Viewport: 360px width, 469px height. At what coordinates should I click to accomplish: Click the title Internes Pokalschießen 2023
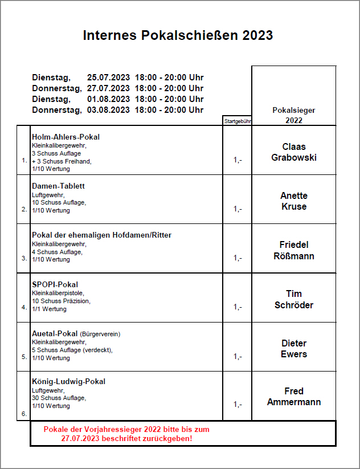point(178,35)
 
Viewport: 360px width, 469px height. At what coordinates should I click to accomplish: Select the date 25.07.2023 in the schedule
point(108,78)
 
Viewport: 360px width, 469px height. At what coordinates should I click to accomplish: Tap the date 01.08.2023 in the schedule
point(108,99)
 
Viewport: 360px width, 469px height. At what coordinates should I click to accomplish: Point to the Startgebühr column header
point(237,121)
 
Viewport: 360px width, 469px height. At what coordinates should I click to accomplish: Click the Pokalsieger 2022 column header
point(294,115)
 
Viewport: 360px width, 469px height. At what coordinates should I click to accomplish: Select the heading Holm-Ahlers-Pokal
point(66,137)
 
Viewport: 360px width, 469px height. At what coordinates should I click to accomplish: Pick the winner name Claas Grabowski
point(294,152)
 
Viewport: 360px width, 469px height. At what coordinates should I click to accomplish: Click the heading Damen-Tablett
point(58,186)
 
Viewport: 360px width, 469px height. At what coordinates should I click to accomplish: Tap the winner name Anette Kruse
point(294,201)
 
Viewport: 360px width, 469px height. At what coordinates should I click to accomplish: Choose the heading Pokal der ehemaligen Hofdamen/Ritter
point(101,235)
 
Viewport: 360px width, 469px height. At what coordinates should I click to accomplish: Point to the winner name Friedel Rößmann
point(294,250)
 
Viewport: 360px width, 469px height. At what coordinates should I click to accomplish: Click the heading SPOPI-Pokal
point(55,284)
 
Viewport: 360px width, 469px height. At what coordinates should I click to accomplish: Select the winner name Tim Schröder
point(294,299)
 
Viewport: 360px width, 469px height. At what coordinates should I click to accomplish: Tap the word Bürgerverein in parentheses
point(100,334)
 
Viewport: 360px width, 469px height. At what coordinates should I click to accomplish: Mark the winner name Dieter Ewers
point(294,349)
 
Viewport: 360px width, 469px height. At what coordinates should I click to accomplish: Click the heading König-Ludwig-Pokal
point(68,382)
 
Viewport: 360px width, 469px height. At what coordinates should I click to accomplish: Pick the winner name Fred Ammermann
point(294,397)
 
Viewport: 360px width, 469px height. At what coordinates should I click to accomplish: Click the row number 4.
point(24,307)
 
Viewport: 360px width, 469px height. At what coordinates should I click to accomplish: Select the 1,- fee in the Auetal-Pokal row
point(238,357)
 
